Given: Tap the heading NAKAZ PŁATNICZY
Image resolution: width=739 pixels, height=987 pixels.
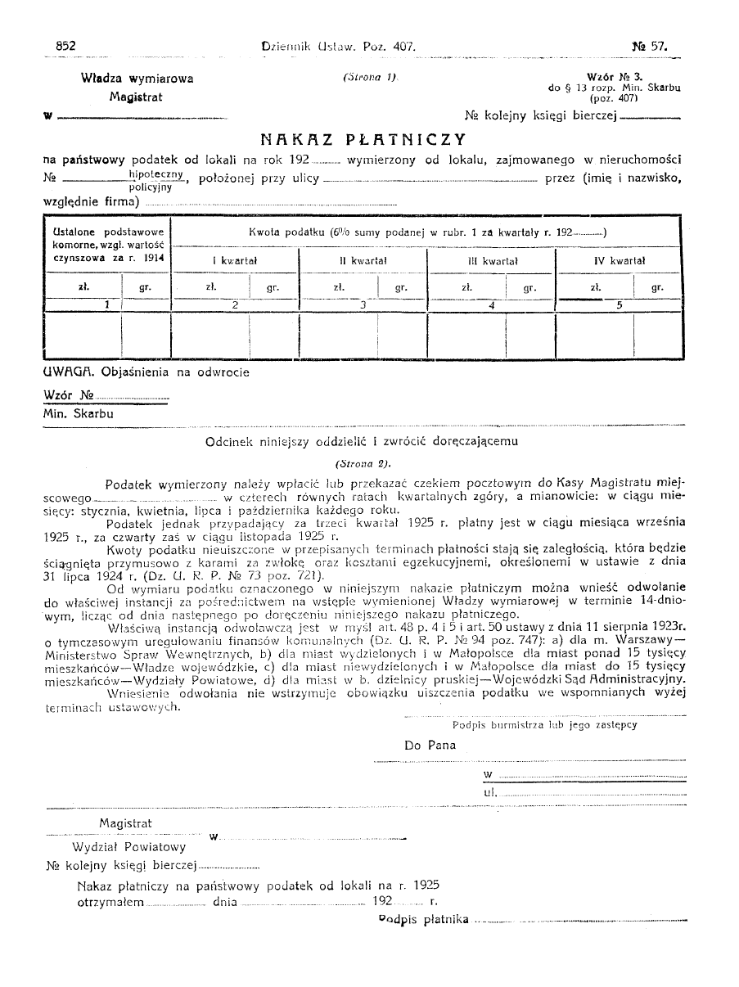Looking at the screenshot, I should click(x=363, y=139).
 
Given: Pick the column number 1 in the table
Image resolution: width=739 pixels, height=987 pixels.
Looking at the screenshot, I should click(x=106, y=304).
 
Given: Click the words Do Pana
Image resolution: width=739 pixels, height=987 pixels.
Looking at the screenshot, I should click(x=430, y=746).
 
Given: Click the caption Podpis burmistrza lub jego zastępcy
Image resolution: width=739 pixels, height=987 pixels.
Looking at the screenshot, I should click(x=544, y=724).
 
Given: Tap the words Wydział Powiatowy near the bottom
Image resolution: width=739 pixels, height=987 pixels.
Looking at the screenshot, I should click(x=128, y=847).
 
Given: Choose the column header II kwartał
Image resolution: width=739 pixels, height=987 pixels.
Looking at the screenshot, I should click(x=363, y=260).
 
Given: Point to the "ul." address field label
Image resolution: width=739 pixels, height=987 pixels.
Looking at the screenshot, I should click(x=490, y=792).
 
